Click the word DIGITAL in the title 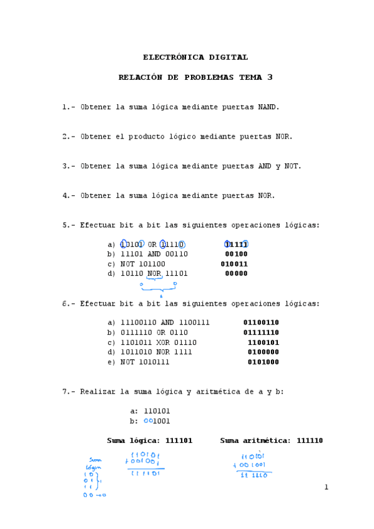coord(228,57)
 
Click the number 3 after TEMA coord(270,77)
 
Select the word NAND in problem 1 coord(268,107)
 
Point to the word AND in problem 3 coord(265,166)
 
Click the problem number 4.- coord(69,195)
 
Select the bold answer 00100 coord(236,254)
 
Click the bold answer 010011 coord(234,264)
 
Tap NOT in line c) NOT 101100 coord(127,264)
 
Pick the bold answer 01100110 coord(261,323)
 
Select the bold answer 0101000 coord(263,362)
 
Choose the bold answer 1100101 coord(263,342)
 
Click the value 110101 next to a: coord(157,411)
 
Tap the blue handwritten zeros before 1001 coord(148,420)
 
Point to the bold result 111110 coord(310,441)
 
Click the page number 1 coord(326,487)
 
